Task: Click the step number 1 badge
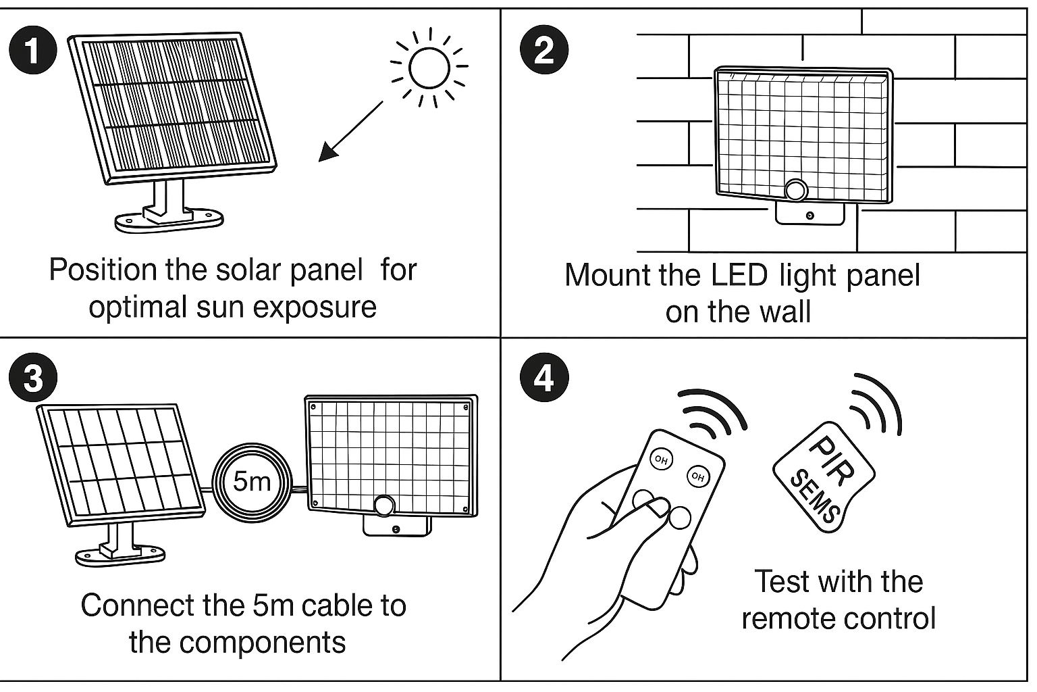pyautogui.click(x=33, y=51)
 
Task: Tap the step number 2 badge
pyautogui.click(x=544, y=51)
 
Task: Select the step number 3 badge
pyautogui.click(x=33, y=377)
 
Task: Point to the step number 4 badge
pyautogui.click(x=544, y=377)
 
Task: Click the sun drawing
pyautogui.click(x=429, y=68)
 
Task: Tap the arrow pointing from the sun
pyautogui.click(x=350, y=132)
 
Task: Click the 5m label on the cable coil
pyautogui.click(x=252, y=481)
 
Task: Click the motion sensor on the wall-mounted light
pyautogui.click(x=796, y=190)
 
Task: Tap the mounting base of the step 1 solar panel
pyautogui.click(x=168, y=218)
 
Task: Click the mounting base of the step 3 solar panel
pyautogui.click(x=119, y=554)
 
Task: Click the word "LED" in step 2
pyautogui.click(x=739, y=275)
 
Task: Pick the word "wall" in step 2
pyautogui.click(x=785, y=312)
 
